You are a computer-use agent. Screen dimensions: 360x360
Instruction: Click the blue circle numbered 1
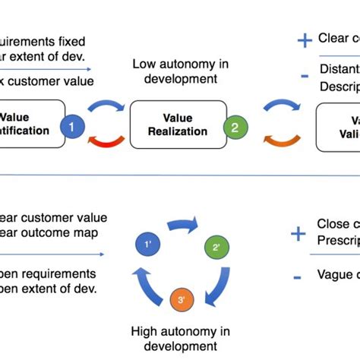pos(72,127)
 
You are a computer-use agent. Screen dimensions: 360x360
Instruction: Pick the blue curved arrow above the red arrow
pos(106,108)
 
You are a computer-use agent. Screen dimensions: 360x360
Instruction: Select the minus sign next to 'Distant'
pos(305,75)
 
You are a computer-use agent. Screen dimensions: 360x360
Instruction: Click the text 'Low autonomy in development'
pos(180,72)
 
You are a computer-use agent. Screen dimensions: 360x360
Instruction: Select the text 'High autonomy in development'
pos(180,339)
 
